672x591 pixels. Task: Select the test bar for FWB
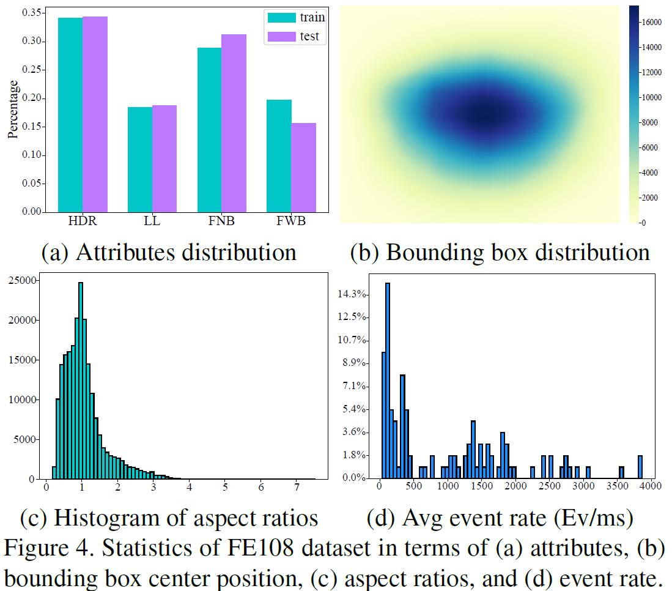point(304,168)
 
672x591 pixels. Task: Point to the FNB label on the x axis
point(221,221)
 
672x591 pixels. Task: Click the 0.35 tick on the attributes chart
point(30,13)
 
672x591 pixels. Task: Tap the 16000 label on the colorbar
point(652,22)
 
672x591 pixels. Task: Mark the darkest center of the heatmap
point(484,114)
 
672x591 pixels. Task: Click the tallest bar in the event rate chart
point(387,380)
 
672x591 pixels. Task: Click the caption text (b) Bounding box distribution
point(500,252)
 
